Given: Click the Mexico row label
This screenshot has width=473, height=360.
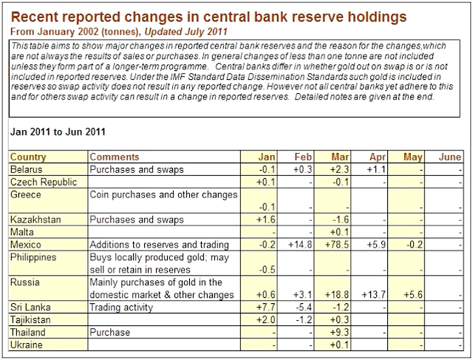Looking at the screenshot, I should (x=26, y=245).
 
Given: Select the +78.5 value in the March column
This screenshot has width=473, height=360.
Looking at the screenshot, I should (x=336, y=245).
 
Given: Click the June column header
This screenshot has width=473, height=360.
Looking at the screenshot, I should (x=449, y=157).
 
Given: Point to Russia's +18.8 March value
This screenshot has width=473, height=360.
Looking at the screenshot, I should (x=336, y=294).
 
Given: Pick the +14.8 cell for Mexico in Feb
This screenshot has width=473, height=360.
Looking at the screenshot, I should (x=301, y=245).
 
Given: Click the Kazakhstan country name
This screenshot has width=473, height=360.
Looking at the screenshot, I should (x=35, y=220).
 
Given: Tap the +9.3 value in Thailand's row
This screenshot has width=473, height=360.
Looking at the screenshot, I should (x=339, y=332).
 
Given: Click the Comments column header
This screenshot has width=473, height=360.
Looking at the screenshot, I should (x=114, y=157).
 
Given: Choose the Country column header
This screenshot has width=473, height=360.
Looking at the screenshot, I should (x=28, y=157).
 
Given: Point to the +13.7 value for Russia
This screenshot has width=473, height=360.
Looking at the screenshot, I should (x=373, y=294).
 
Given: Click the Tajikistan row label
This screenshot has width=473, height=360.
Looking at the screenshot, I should (x=31, y=319).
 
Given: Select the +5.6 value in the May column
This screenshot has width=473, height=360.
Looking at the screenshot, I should (x=412, y=294).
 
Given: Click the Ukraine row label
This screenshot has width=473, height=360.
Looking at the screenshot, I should (x=27, y=344).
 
